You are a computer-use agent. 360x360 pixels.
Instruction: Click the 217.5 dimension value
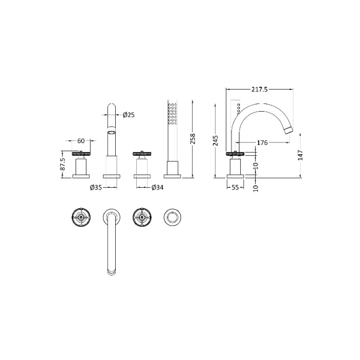point(259,89)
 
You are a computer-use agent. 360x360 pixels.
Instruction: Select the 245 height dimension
point(215,140)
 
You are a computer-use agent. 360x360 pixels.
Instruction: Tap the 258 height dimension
point(193,138)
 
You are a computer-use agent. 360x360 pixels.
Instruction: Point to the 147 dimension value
point(300,155)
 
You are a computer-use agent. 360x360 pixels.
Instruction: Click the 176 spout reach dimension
point(262,142)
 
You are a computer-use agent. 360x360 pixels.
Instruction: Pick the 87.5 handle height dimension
point(63,164)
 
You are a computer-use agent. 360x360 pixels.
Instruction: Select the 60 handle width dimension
point(81,140)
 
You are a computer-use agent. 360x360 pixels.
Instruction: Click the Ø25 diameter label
point(129,115)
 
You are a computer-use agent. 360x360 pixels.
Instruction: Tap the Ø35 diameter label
point(96,188)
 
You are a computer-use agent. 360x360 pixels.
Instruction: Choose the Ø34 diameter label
point(157,188)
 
